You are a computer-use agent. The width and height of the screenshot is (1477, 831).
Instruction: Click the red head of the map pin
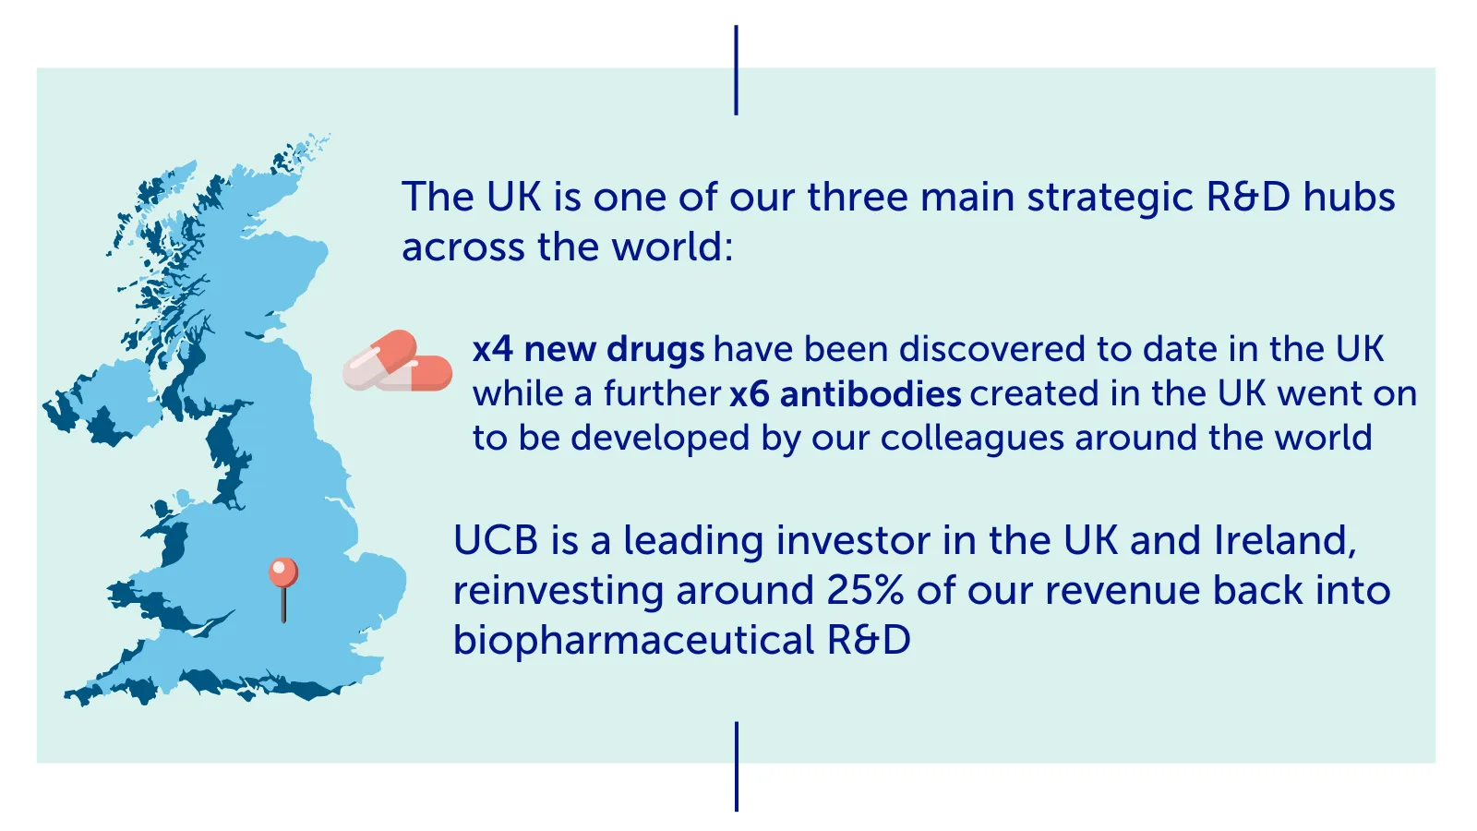(x=283, y=572)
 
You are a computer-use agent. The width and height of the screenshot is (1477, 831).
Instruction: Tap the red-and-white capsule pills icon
(x=398, y=361)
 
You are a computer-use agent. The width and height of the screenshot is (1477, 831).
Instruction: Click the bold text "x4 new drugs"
(x=588, y=349)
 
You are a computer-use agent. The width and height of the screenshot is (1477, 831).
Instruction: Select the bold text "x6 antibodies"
(x=846, y=393)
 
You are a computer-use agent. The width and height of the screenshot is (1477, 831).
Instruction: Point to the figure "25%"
(x=864, y=590)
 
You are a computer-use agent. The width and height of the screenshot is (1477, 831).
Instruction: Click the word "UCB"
(x=495, y=540)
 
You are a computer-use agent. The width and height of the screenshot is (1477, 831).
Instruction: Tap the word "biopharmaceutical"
(x=633, y=641)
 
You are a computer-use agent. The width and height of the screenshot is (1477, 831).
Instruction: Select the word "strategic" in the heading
(x=1110, y=198)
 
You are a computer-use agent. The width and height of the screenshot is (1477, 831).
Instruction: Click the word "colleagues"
(x=972, y=439)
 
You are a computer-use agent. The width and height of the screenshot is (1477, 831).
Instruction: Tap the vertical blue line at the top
(x=736, y=70)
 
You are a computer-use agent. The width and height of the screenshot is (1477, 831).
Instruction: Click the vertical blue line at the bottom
(x=737, y=766)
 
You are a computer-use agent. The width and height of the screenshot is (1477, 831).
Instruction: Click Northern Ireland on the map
(x=105, y=404)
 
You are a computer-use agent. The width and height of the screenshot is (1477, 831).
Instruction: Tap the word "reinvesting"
(x=558, y=591)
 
